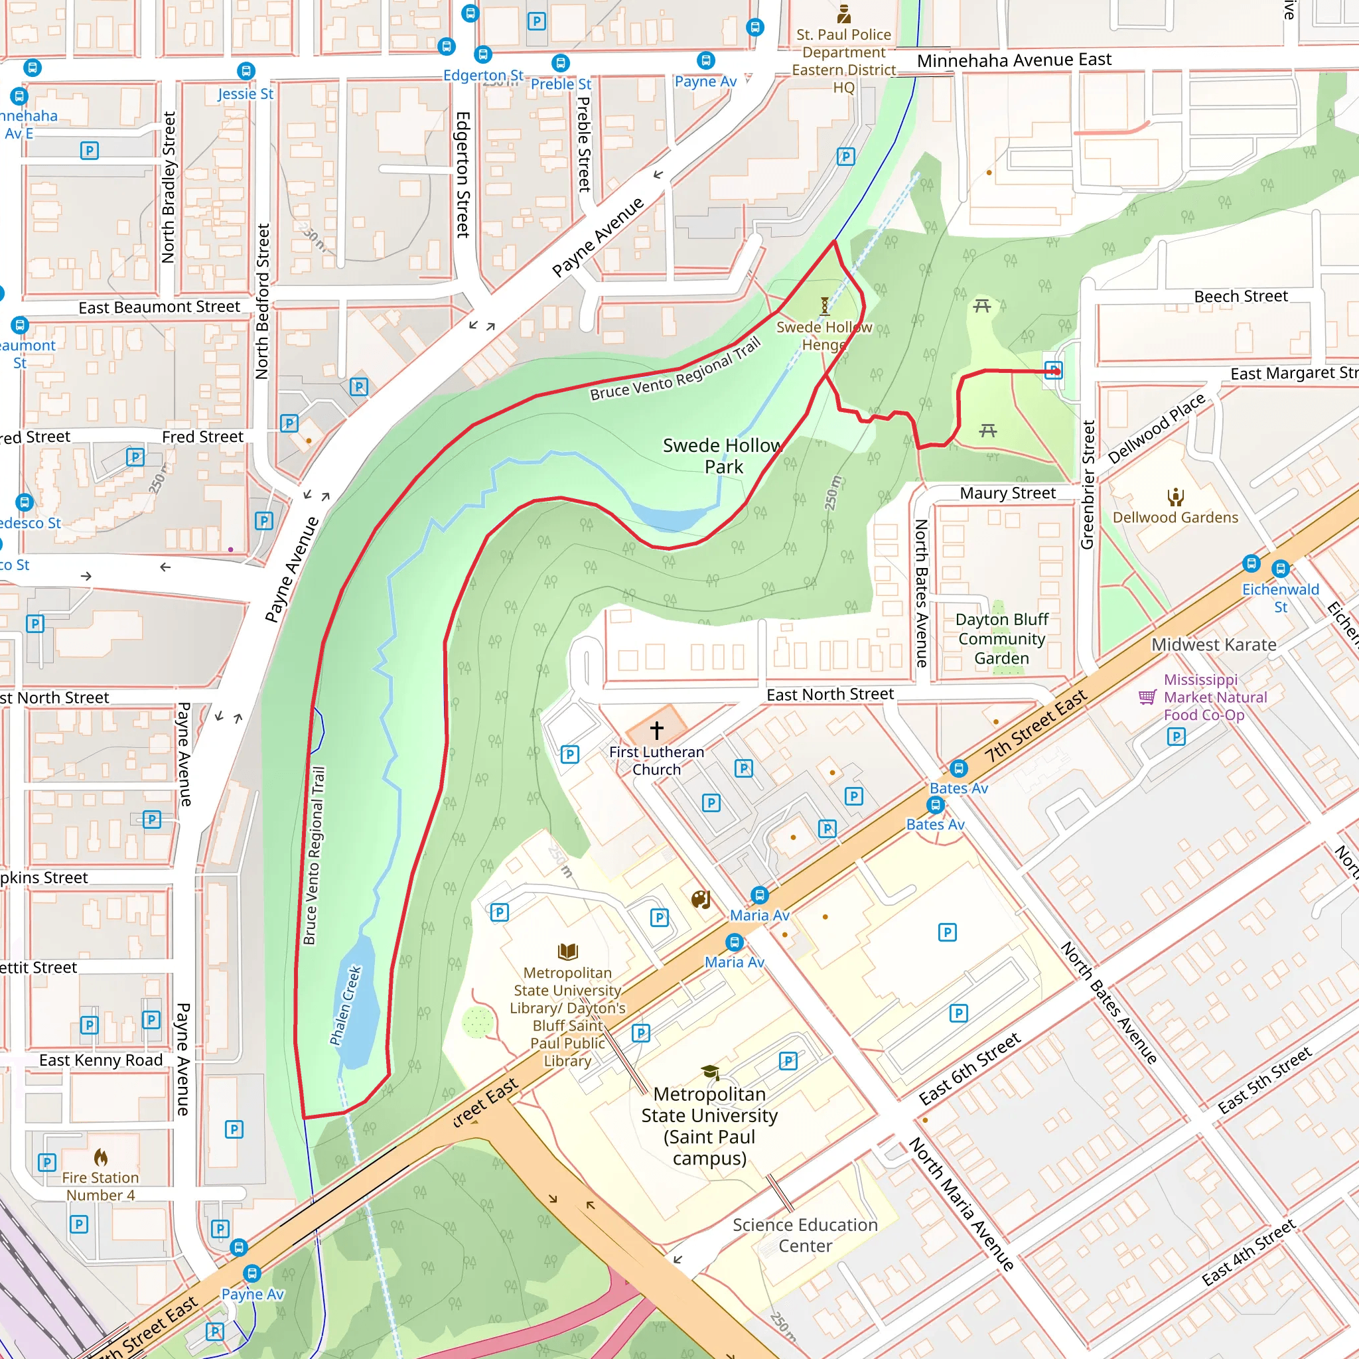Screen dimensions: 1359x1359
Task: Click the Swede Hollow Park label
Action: (x=723, y=456)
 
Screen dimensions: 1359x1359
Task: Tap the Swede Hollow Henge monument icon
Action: (x=824, y=305)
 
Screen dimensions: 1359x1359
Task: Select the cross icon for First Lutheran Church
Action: (x=656, y=730)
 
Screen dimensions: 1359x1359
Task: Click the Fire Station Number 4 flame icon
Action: (x=101, y=1157)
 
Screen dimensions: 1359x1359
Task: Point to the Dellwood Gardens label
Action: (x=1175, y=517)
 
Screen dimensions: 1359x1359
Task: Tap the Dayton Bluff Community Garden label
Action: (x=1001, y=639)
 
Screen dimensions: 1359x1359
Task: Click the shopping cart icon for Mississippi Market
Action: (x=1147, y=697)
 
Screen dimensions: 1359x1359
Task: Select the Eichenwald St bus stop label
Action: (x=1280, y=598)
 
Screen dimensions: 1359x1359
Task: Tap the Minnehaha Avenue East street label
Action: (x=1014, y=60)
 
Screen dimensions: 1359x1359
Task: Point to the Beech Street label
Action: (x=1241, y=296)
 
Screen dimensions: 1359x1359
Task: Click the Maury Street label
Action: (x=1007, y=493)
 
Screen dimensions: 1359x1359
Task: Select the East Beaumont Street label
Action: (x=159, y=307)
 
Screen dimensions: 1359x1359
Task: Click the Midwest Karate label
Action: (x=1214, y=644)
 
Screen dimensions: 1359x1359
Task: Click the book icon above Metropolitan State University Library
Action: (x=567, y=952)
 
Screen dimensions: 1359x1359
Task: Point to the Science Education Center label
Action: (x=805, y=1235)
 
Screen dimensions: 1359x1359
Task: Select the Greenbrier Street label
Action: (x=1088, y=485)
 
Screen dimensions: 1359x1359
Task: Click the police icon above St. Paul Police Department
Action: (x=843, y=13)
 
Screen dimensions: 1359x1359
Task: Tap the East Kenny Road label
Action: (x=101, y=1060)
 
